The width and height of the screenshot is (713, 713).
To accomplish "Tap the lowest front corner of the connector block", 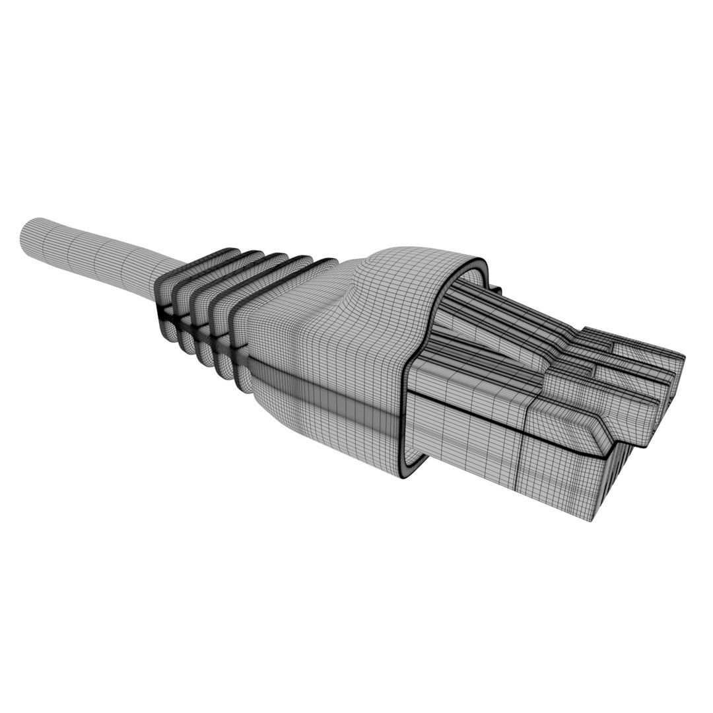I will pos(591,518).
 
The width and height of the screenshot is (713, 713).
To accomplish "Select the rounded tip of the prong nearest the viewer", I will pos(650,423).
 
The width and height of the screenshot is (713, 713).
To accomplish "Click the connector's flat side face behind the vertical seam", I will pos(462,436).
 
